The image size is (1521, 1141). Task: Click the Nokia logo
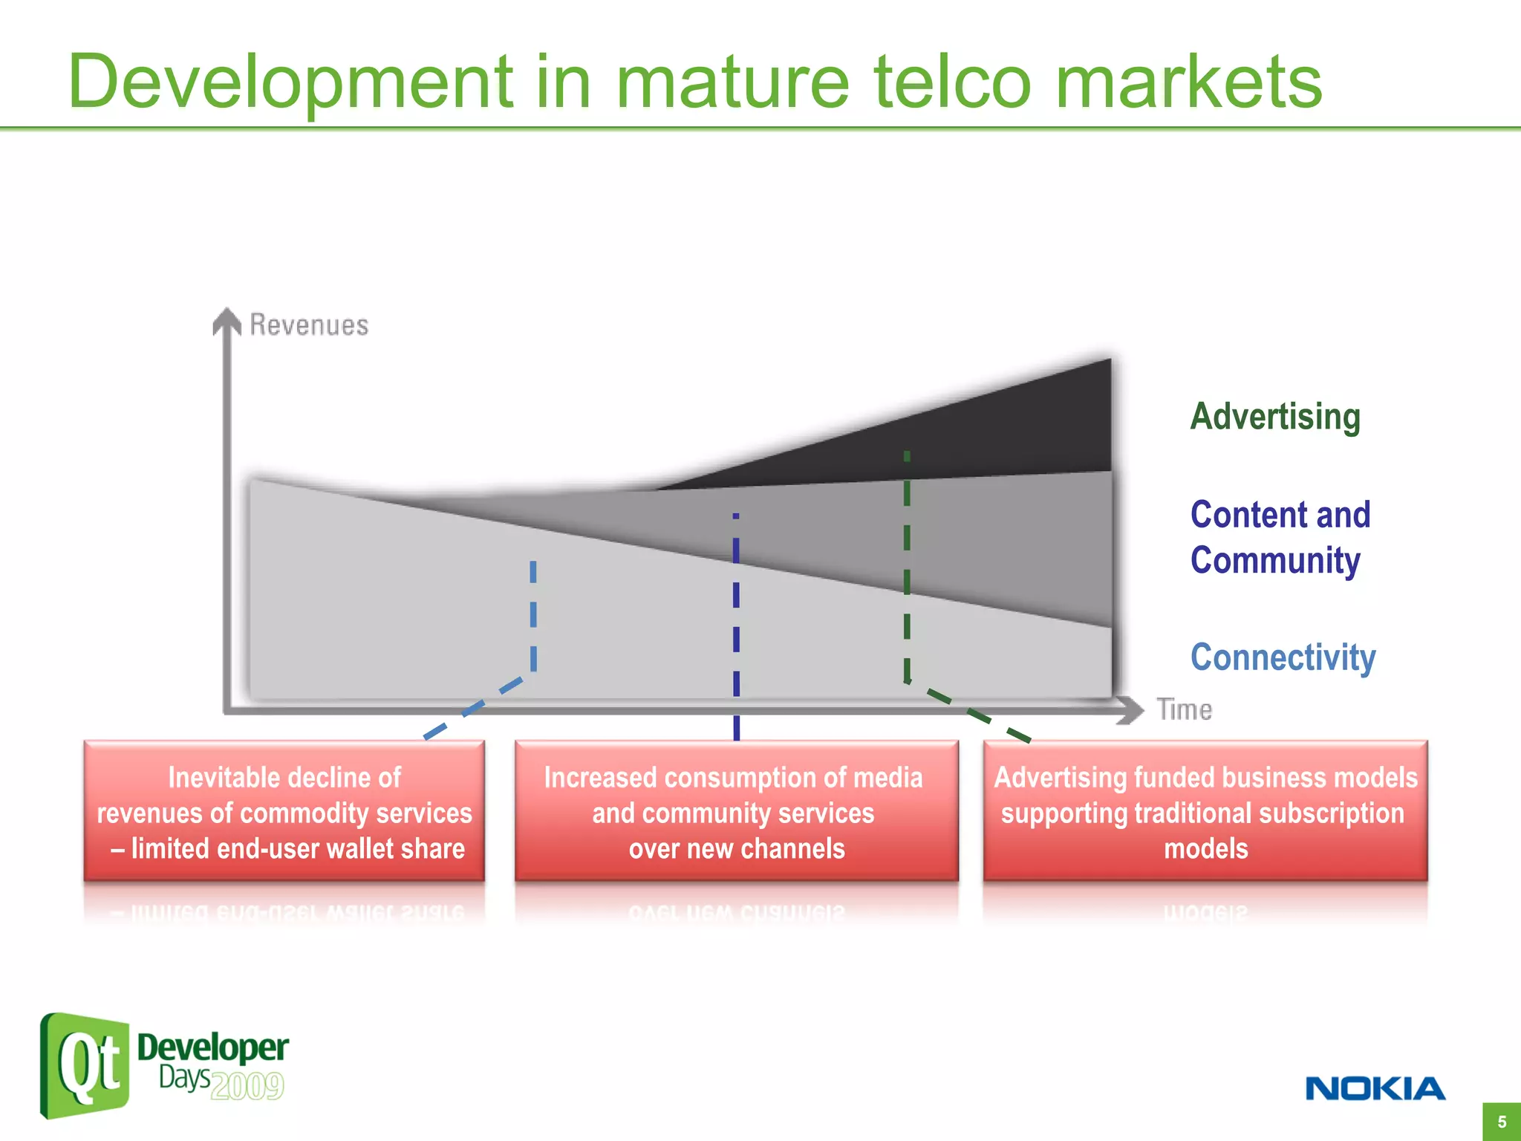pyautogui.click(x=1375, y=1088)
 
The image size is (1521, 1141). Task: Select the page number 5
pyautogui.click(x=1501, y=1122)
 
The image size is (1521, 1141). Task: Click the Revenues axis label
pyautogui.click(x=309, y=325)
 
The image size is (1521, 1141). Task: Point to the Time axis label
pyautogui.click(x=1184, y=710)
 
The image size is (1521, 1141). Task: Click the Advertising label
pyautogui.click(x=1275, y=416)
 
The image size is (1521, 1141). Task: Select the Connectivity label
pyautogui.click(x=1283, y=657)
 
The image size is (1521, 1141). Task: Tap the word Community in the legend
pyautogui.click(x=1275, y=560)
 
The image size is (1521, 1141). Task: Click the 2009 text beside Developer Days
pyautogui.click(x=247, y=1086)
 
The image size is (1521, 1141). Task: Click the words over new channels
pyautogui.click(x=737, y=849)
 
